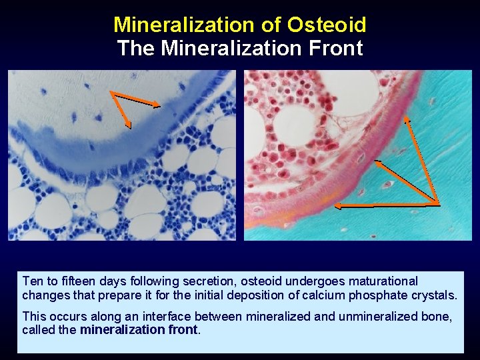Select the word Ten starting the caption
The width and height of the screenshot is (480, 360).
click(x=31, y=281)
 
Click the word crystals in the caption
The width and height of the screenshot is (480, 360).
click(x=435, y=295)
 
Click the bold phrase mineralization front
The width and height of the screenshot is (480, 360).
click(x=139, y=329)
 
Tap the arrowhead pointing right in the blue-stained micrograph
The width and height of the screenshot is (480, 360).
click(x=157, y=105)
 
